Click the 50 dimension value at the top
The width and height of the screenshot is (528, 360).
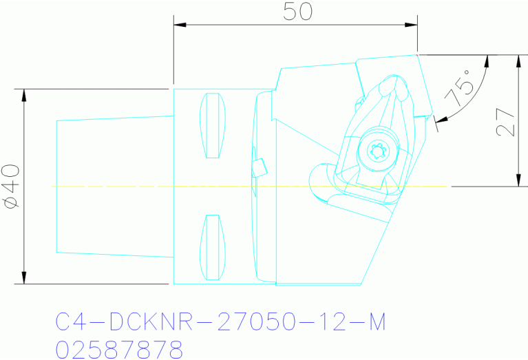click(x=295, y=11)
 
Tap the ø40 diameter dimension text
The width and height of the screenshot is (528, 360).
click(x=10, y=186)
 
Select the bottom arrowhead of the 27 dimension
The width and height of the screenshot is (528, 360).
click(x=516, y=180)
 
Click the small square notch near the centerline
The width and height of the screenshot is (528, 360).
click(x=260, y=167)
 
